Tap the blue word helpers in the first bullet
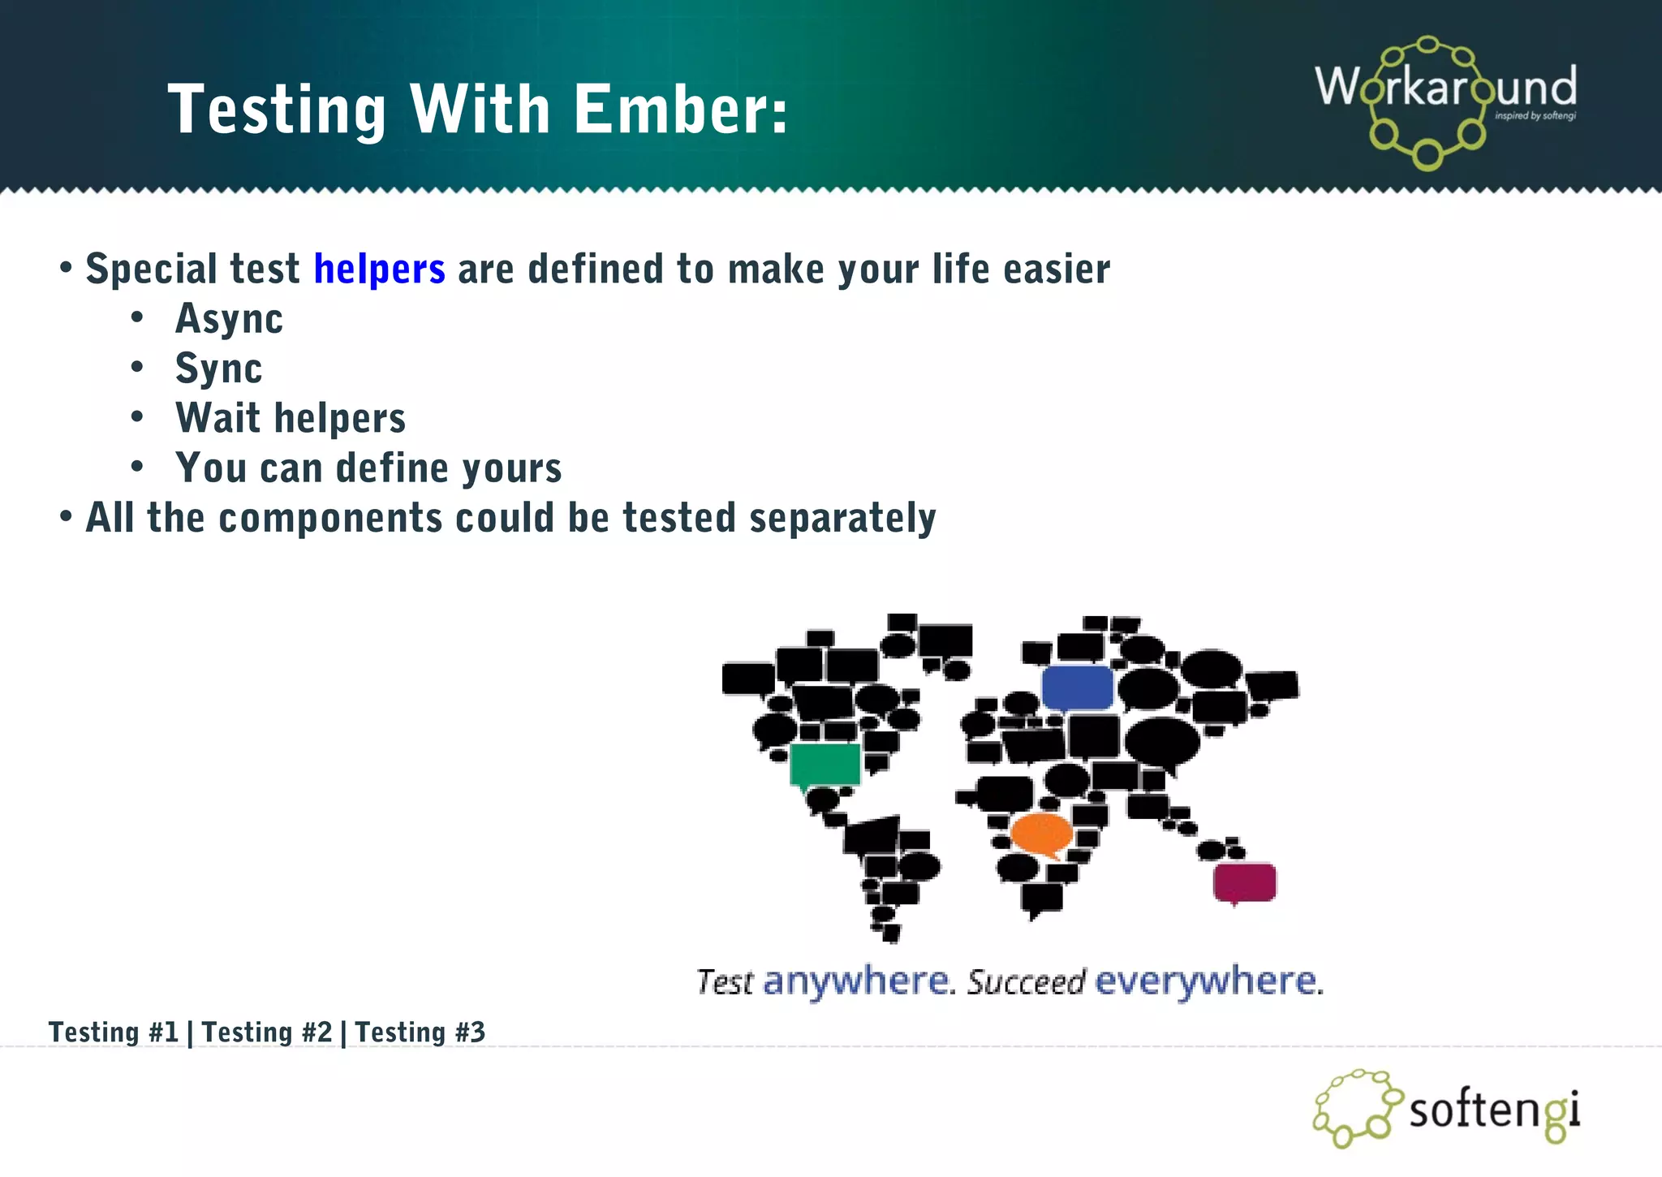tap(379, 269)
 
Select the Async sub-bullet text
tap(229, 318)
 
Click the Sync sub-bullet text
tap(218, 369)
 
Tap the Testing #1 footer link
tap(113, 1033)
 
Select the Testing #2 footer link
tap(267, 1033)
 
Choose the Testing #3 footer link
tap(420, 1033)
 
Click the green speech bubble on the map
tap(825, 765)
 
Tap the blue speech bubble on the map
tap(1077, 688)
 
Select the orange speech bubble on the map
tap(1041, 833)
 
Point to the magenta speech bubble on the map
tap(1244, 882)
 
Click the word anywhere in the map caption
tap(855, 981)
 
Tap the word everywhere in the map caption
tap(1206, 981)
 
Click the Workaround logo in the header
tap(1445, 101)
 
